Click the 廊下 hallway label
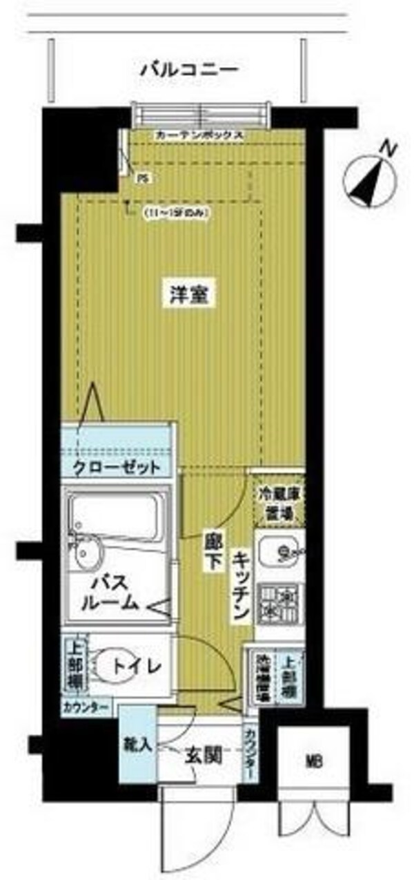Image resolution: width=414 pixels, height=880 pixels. pyautogui.click(x=212, y=551)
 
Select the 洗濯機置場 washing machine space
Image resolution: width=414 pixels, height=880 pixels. pyautogui.click(x=261, y=678)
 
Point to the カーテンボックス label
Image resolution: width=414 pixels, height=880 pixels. pyautogui.click(x=199, y=135)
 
